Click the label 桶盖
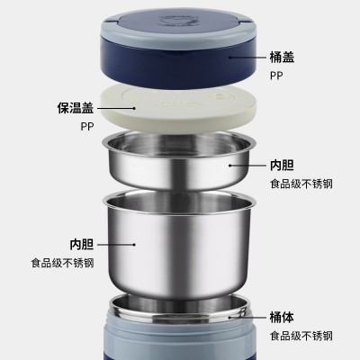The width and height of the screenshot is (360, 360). [282, 57]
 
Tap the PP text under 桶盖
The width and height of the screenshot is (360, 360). [276, 76]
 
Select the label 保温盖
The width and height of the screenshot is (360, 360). [76, 108]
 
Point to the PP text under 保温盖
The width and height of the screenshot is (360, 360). [87, 126]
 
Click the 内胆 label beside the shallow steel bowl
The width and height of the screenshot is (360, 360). [282, 166]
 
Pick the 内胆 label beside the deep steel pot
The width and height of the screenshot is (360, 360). [82, 245]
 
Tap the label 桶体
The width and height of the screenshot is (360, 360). [282, 317]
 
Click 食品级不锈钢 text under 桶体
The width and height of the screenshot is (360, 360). [301, 336]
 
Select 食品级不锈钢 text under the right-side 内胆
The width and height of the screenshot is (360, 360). [301, 184]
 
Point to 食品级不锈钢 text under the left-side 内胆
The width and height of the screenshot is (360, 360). [62, 263]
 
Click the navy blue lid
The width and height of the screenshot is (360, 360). [179, 48]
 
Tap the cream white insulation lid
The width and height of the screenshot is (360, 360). [177, 108]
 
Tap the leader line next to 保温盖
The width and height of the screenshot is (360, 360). [116, 108]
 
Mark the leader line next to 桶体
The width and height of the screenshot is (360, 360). [247, 317]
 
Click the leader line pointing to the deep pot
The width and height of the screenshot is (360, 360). [116, 245]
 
